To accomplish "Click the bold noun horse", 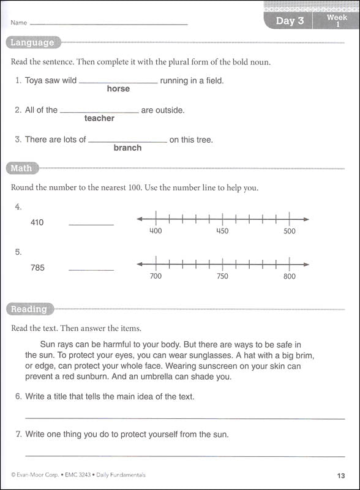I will coord(118,89).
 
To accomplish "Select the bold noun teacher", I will coord(99,118).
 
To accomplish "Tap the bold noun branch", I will coord(127,148).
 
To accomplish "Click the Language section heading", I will coord(32,43).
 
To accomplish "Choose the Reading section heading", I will coord(29,309).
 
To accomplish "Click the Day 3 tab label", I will coord(290,21).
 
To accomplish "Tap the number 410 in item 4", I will coord(37,222).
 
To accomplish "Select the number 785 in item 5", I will coord(37,268).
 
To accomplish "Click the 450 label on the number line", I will coord(222,231).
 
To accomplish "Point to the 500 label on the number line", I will coord(290,231).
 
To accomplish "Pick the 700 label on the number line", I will coord(156,276).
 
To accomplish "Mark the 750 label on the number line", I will coord(222,276).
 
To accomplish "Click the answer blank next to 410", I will coord(91,224).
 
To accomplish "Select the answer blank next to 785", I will coord(91,269).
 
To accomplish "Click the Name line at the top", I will coord(109,24).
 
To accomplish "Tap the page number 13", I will coord(341,475).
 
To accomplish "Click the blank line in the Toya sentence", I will coord(118,82).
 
